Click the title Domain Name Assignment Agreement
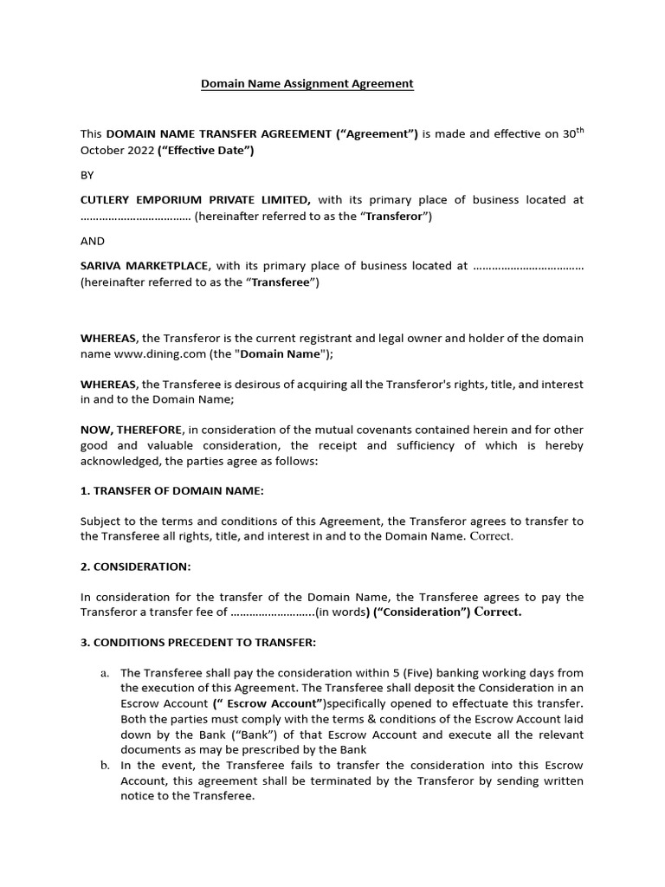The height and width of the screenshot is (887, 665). click(307, 84)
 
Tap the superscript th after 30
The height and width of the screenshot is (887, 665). click(578, 130)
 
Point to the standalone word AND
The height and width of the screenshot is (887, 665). click(92, 241)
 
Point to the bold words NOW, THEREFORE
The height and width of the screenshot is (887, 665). click(132, 431)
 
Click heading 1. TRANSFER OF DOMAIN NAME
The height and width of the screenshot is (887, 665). click(171, 491)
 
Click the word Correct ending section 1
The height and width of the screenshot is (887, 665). click(491, 537)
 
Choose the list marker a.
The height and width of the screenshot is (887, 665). click(105, 673)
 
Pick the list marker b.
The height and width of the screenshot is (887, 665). click(105, 766)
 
